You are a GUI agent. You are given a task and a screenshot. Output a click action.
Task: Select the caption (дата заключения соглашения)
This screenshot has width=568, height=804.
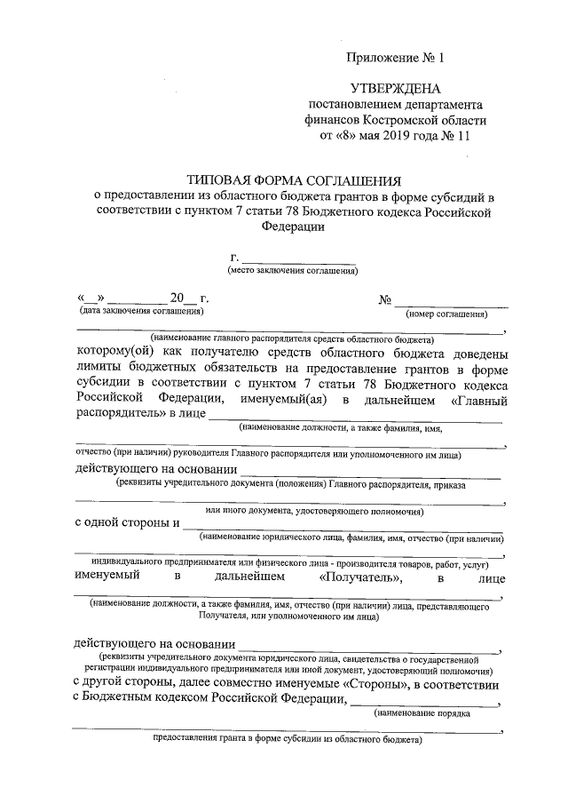pyautogui.click(x=141, y=311)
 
